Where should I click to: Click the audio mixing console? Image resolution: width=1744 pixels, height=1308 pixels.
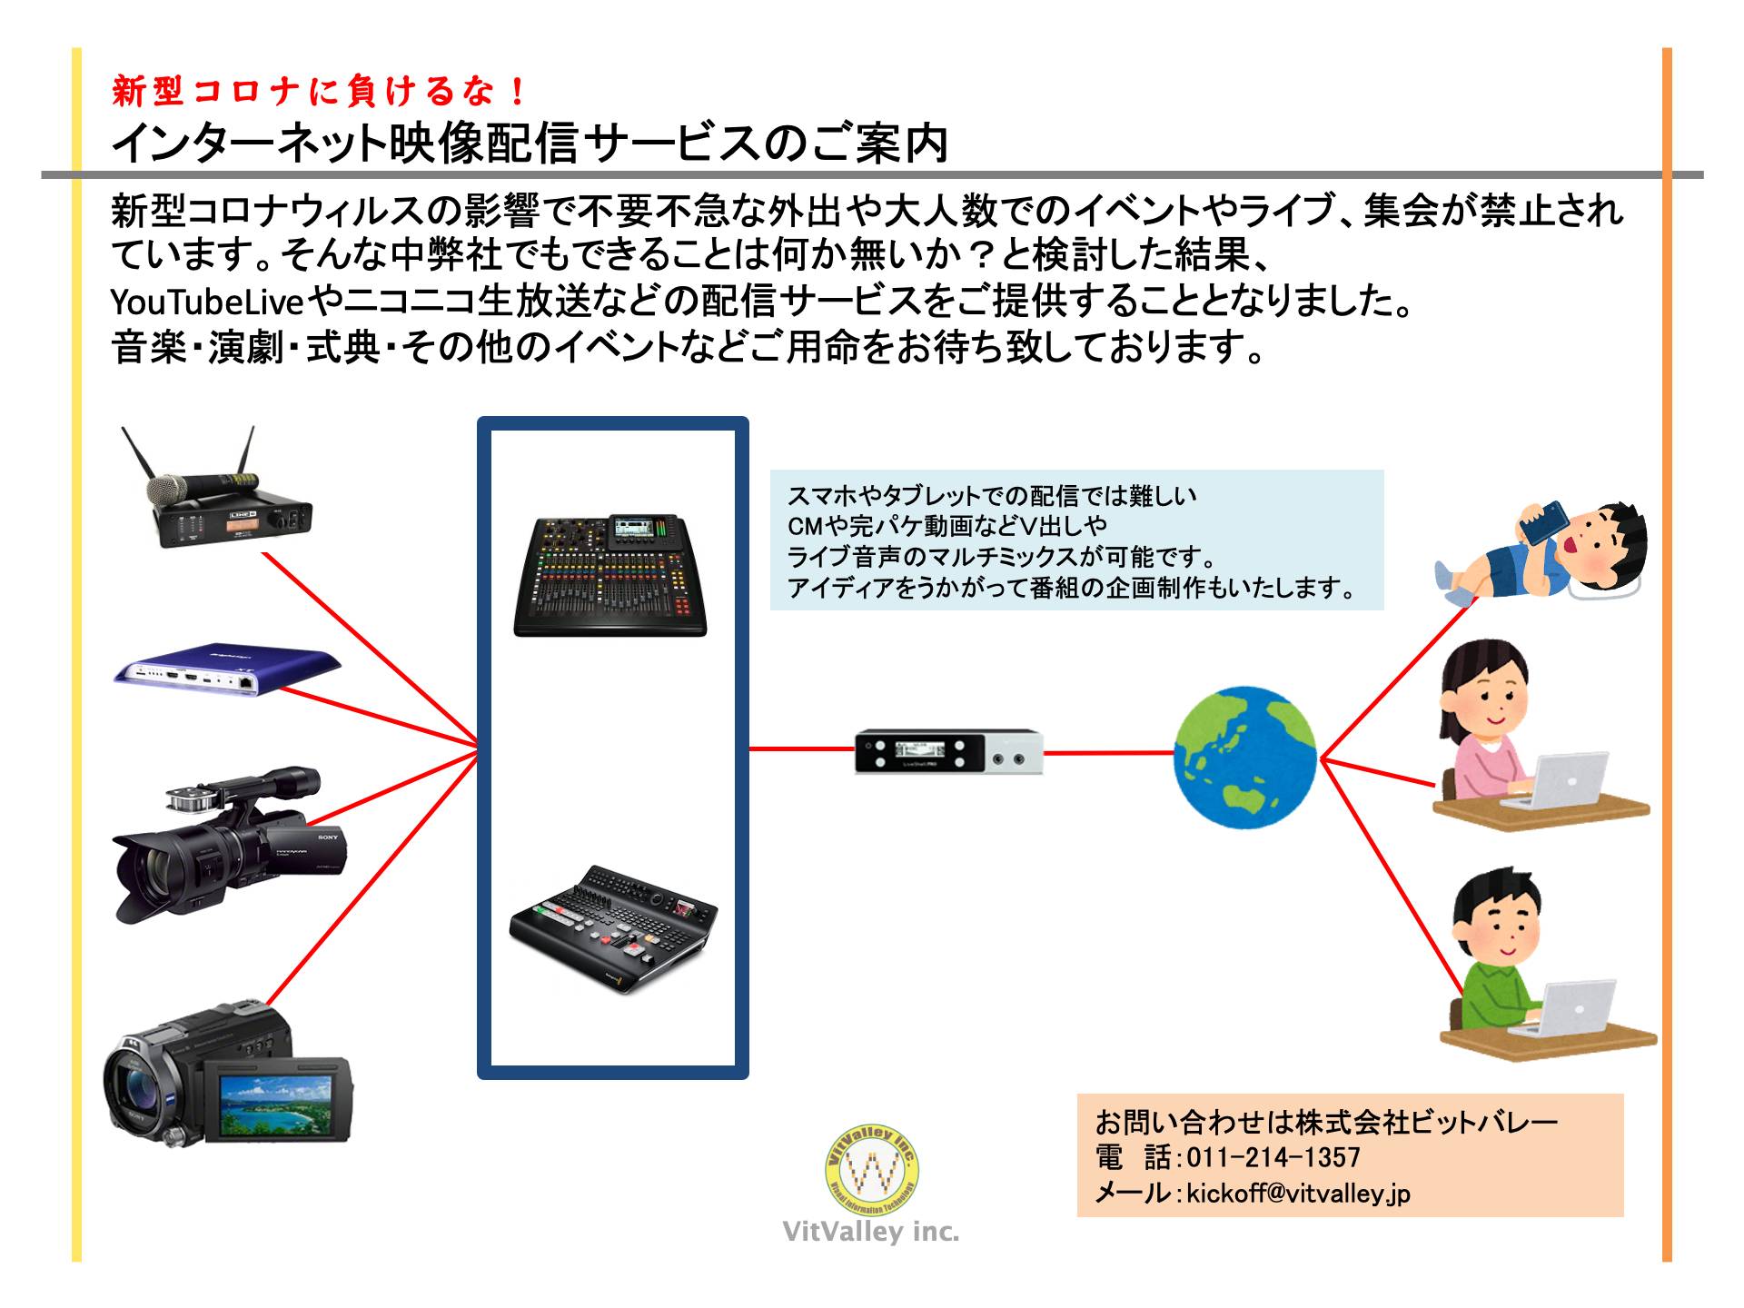click(610, 578)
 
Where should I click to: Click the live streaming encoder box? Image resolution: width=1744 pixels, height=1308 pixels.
click(948, 751)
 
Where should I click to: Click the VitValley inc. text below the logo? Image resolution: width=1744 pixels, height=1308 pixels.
click(871, 1233)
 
